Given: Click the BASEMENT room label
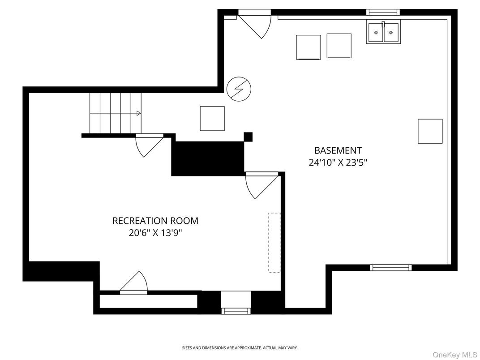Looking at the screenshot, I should coord(338,150).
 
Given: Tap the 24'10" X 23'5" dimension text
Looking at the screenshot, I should coord(338,163).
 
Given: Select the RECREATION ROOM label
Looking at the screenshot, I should coord(155,221).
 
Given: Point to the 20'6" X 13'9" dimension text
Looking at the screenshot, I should coord(155,233).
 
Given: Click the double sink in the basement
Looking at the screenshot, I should coord(383,32).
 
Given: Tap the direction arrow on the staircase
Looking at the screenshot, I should coord(138,113).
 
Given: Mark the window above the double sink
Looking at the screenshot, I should coord(382,12).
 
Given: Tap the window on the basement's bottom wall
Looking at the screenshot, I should coord(390,268).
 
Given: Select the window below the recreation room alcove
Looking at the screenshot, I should coord(236,310).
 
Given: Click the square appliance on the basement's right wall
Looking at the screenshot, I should coord(430,131).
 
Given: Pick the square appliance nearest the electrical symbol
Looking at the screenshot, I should coord(212,118).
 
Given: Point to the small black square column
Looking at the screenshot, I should coord(248,137).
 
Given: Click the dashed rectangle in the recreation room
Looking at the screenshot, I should coord(274,242).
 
